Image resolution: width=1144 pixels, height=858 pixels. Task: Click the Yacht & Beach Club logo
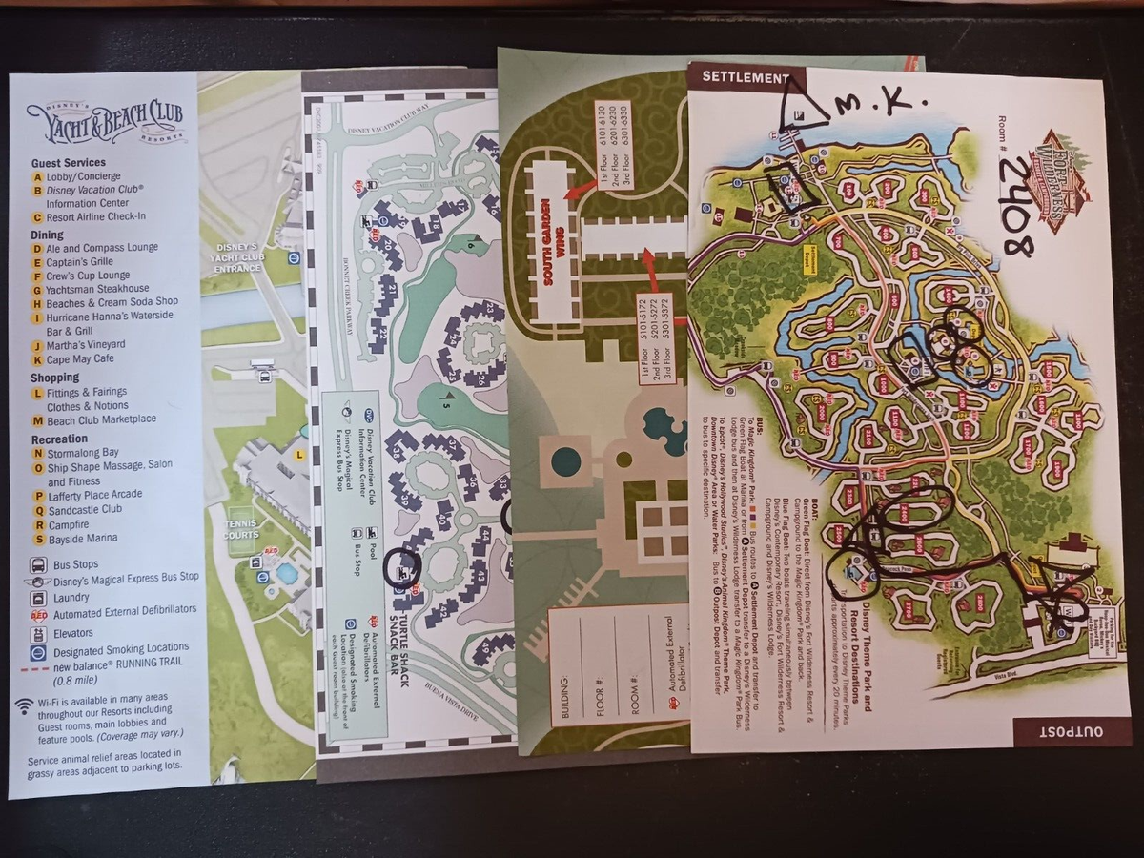point(106,122)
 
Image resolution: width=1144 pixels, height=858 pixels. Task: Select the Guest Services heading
point(68,163)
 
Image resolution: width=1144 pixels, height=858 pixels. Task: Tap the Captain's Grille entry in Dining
point(80,261)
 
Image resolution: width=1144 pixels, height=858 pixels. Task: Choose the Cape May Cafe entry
point(80,359)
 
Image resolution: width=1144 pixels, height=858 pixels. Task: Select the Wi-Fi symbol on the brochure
point(24,706)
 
